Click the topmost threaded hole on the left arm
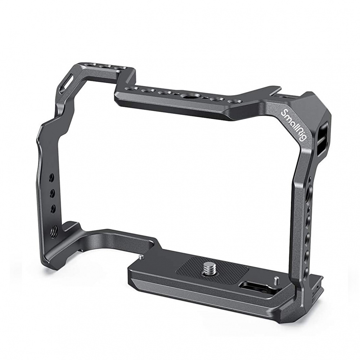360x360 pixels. pos(51,177)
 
